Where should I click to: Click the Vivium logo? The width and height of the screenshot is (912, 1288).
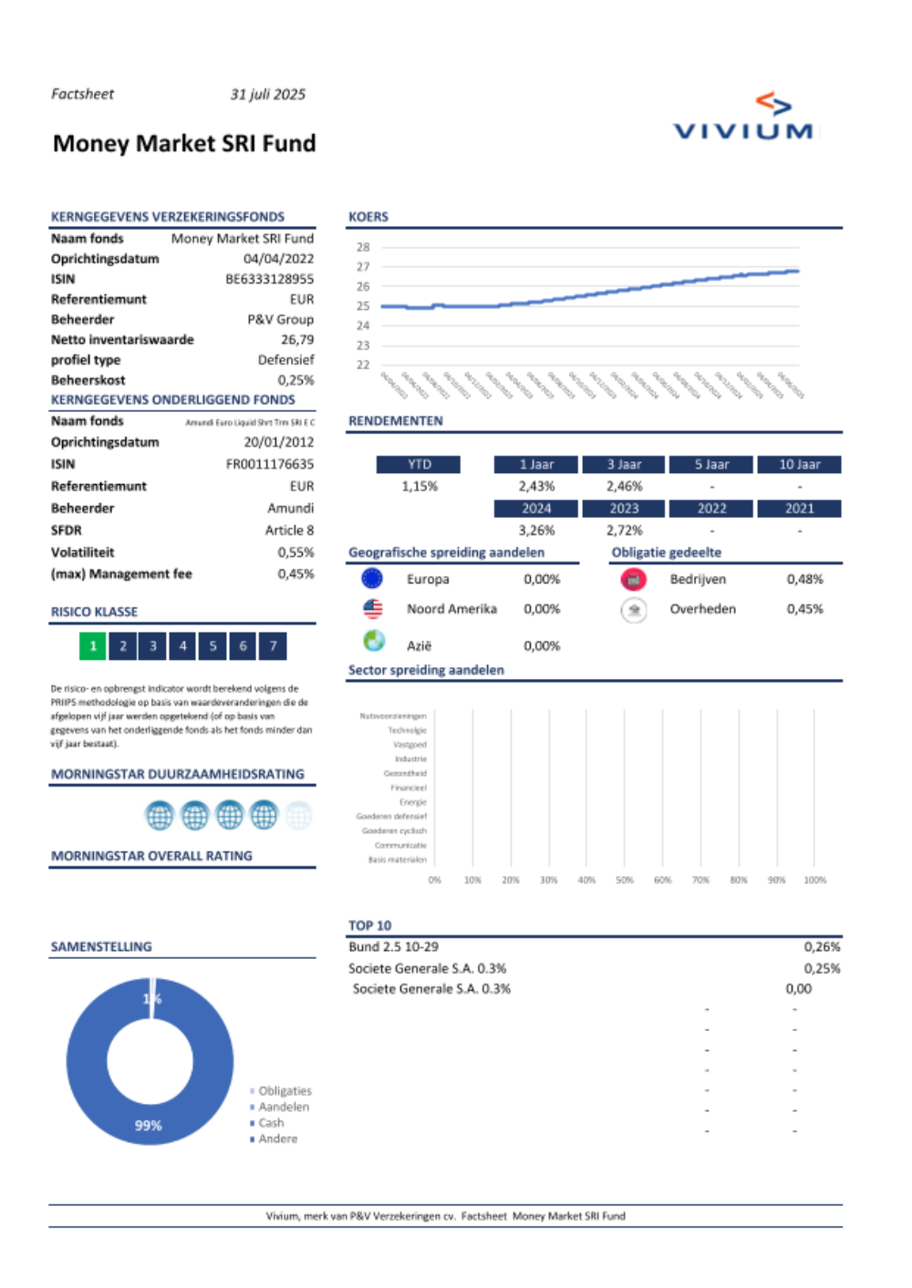(743, 118)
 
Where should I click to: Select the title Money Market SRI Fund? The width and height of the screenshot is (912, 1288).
(184, 143)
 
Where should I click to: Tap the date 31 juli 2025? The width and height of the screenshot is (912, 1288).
(267, 94)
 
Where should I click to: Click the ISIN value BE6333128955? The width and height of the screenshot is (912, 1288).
(269, 279)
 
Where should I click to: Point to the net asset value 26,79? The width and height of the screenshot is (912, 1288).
(296, 339)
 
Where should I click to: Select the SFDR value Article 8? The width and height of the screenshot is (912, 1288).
(289, 530)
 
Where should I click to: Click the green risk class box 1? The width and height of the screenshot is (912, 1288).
(93, 645)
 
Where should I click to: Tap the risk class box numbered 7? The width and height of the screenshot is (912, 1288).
(273, 645)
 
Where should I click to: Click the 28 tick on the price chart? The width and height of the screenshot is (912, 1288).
(363, 247)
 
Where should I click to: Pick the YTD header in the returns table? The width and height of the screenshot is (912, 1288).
(419, 464)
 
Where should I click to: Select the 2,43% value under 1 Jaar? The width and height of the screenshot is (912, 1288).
(536, 486)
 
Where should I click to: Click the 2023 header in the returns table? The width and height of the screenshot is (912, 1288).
(624, 508)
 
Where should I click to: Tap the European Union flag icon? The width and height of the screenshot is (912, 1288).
(372, 578)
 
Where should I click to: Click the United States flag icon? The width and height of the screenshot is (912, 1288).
(372, 608)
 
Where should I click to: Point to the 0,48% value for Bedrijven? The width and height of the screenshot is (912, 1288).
(804, 579)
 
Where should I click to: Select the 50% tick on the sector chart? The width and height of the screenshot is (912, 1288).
(624, 880)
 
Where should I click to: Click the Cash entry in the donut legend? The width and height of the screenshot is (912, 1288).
(271, 1122)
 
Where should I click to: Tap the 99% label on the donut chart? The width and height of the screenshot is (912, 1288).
(148, 1125)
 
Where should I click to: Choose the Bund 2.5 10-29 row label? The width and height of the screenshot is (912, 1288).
(393, 946)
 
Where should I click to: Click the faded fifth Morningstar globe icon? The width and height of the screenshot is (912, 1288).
(298, 815)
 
